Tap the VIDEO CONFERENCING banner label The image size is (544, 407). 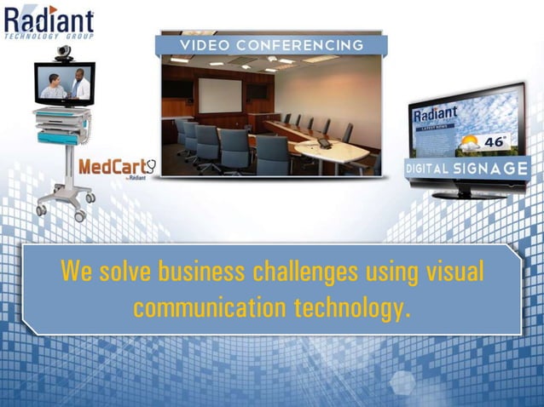pyautogui.click(x=271, y=45)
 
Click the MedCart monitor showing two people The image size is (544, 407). pyautogui.click(x=64, y=84)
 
